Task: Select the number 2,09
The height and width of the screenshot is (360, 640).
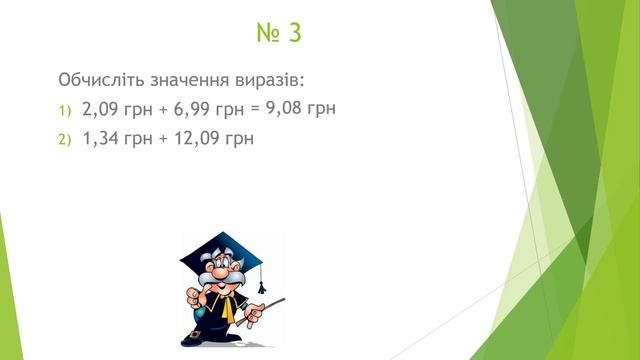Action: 103,108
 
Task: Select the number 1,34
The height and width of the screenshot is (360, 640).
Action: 103,138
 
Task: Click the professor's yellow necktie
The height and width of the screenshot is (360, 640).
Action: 229,311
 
